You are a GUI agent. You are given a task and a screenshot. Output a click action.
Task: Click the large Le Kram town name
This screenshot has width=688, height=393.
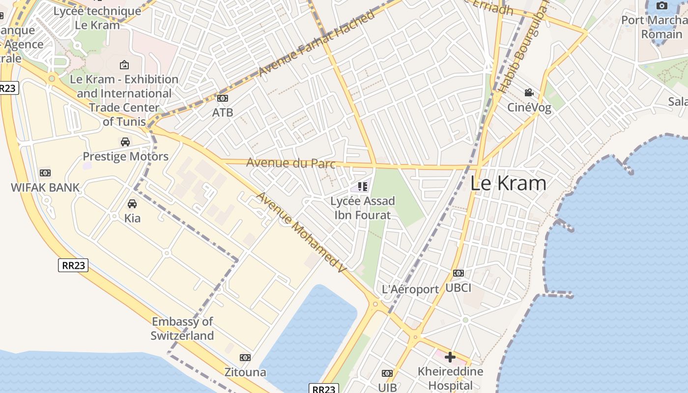point(508,183)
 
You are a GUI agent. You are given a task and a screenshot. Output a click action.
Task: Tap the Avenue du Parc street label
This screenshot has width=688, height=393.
point(290,163)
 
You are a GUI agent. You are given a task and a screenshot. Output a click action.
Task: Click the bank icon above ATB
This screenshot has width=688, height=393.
point(223,98)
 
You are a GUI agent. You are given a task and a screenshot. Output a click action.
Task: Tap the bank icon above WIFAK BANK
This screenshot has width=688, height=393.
point(45,173)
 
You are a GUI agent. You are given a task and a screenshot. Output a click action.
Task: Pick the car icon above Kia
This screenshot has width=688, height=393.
point(132,203)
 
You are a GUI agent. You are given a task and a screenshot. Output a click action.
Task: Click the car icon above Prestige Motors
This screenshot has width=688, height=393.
point(125,142)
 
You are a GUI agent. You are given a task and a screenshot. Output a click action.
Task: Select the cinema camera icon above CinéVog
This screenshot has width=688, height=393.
point(529,92)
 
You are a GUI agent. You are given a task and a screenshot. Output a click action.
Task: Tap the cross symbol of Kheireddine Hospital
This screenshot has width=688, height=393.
point(450,357)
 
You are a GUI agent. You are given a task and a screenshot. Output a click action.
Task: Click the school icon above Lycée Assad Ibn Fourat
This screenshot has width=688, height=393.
point(363,187)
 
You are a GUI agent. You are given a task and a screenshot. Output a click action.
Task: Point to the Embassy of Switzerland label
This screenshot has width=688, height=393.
point(182,329)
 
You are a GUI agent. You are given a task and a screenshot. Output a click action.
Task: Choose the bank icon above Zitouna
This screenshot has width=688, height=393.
point(245,358)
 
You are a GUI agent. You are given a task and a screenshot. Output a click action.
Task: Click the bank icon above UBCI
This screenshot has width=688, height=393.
point(458,273)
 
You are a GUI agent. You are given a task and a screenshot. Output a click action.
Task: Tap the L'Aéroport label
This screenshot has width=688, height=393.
point(410,289)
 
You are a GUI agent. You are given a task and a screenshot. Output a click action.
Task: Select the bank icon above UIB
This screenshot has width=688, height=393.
point(387,373)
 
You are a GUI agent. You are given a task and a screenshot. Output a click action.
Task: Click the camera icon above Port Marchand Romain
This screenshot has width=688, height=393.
point(662,6)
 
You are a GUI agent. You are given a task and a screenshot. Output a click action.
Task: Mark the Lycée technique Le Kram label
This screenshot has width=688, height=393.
point(97,18)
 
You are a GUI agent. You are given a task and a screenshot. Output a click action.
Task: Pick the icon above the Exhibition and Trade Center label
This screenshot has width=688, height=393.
point(124,64)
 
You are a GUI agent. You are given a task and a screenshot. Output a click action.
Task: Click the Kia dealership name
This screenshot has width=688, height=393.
point(132,218)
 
